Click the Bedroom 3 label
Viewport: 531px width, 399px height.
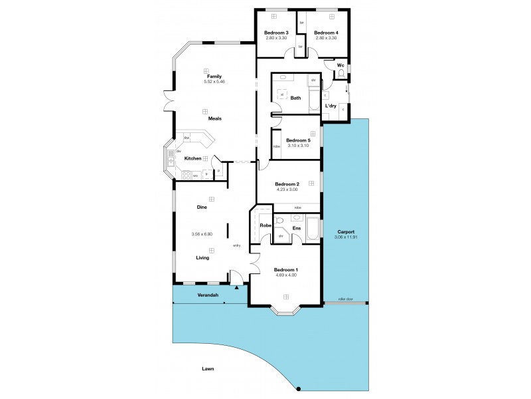click(276, 33)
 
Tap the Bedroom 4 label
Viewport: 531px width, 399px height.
click(326, 33)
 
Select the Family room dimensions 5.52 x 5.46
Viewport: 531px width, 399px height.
click(214, 82)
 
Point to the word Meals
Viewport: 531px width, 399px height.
click(214, 118)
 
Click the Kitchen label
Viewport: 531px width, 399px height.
click(192, 158)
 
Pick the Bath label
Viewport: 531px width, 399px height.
click(295, 98)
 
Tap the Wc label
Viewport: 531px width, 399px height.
click(341, 65)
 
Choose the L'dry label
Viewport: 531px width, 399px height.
click(331, 106)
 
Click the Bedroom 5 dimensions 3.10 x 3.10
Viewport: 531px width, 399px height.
click(298, 146)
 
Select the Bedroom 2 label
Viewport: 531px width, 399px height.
click(287, 184)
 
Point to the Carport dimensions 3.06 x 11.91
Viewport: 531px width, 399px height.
click(345, 237)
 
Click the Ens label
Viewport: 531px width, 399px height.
click(297, 229)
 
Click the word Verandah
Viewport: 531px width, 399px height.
click(208, 295)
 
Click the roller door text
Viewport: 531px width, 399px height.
click(344, 301)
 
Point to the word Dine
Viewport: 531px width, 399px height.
click(202, 207)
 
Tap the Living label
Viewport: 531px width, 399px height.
click(202, 259)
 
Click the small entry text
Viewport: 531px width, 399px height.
click(236, 246)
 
